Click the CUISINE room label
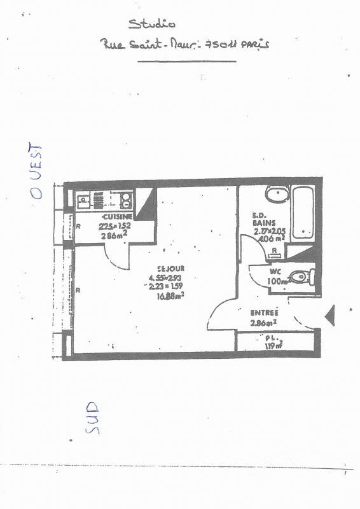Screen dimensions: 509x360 click(x=118, y=216)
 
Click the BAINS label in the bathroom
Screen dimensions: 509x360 click(x=263, y=223)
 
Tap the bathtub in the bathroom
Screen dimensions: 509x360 click(x=303, y=214)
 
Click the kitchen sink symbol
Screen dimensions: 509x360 click(x=83, y=202)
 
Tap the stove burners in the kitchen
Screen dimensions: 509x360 click(x=126, y=200)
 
